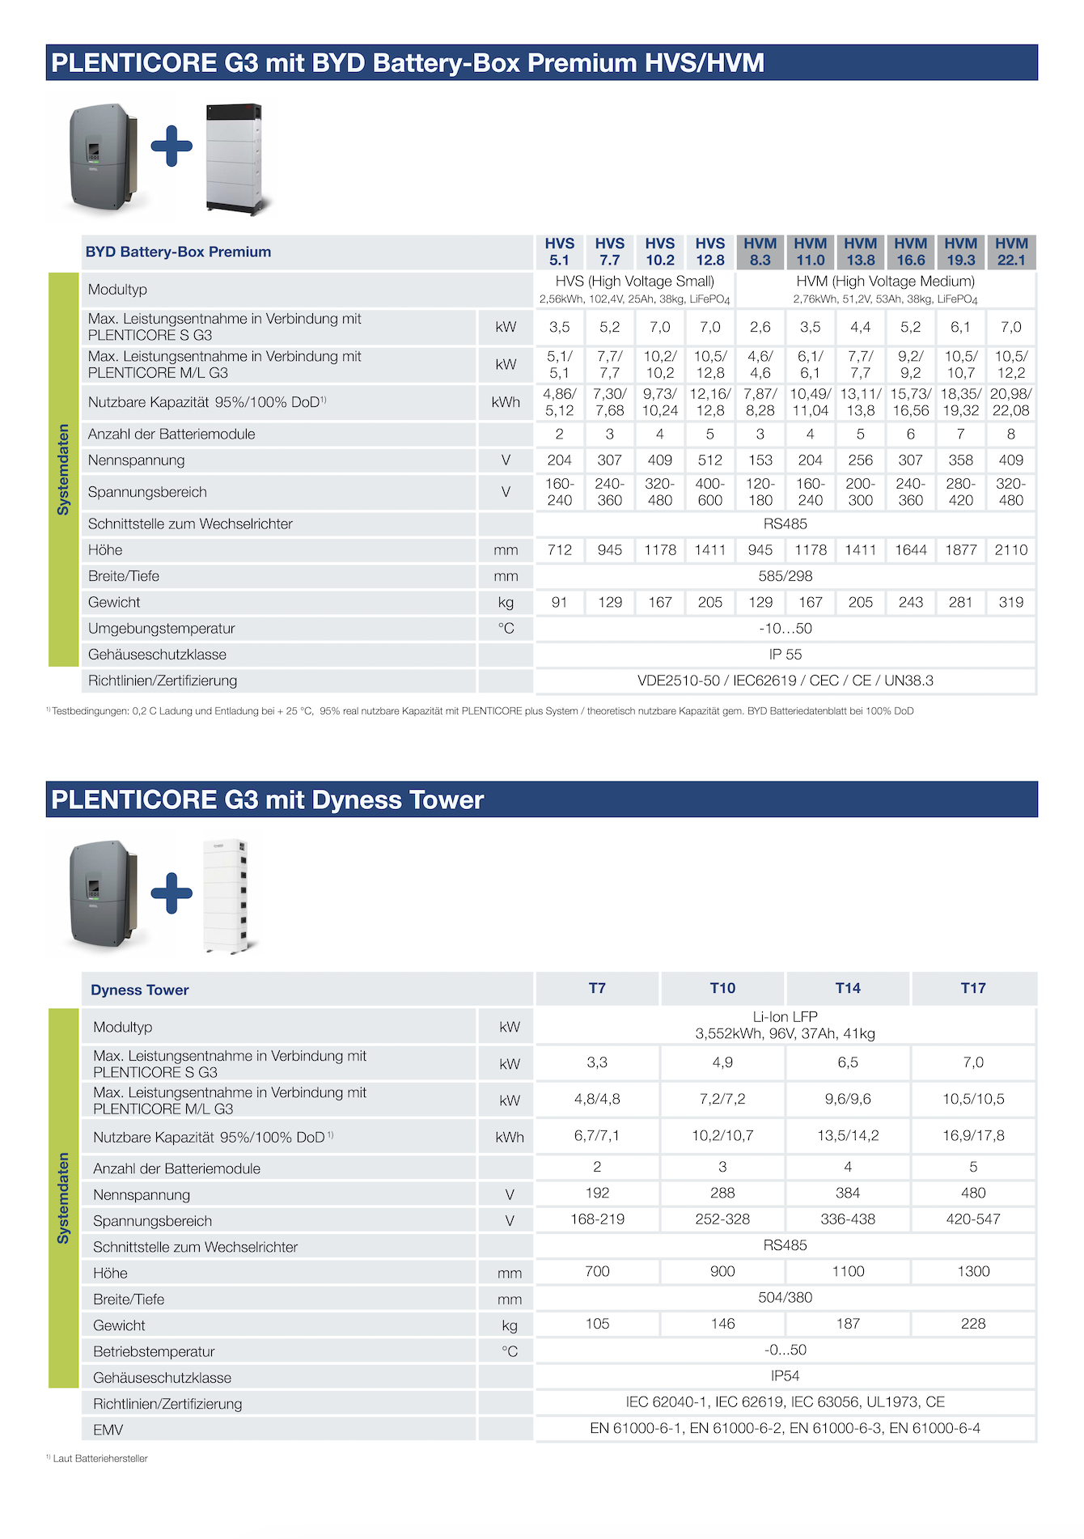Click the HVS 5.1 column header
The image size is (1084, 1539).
click(x=559, y=252)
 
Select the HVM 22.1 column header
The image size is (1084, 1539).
click(x=1011, y=252)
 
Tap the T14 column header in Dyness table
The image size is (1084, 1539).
click(x=848, y=988)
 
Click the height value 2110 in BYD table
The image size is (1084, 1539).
click(x=1011, y=550)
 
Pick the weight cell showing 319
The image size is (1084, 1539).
click(x=1011, y=602)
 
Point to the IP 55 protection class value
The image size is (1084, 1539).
click(x=785, y=655)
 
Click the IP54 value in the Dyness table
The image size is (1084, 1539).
click(x=785, y=1376)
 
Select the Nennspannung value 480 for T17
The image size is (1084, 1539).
click(x=973, y=1193)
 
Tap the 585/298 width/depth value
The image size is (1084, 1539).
click(x=785, y=576)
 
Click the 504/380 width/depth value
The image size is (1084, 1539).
click(x=785, y=1297)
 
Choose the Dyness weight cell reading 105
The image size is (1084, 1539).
click(x=597, y=1324)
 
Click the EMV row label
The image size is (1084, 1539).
click(x=108, y=1430)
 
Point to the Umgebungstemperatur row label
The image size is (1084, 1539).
click(x=161, y=629)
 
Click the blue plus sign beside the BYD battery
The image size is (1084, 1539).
click(x=171, y=146)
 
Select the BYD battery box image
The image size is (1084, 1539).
click(x=235, y=159)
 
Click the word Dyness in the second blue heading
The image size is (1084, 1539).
click(x=357, y=800)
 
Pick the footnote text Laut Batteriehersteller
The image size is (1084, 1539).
click(x=100, y=1458)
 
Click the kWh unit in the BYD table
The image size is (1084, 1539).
click(x=506, y=402)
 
